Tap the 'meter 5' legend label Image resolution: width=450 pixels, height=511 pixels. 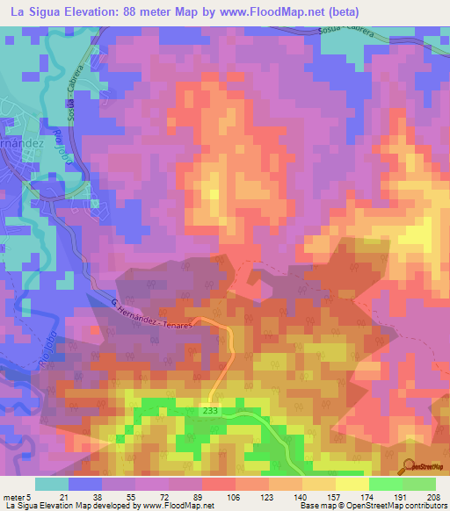pyautogui.click(x=17, y=497)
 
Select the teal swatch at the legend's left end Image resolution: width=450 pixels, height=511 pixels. pyautogui.click(x=51, y=484)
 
